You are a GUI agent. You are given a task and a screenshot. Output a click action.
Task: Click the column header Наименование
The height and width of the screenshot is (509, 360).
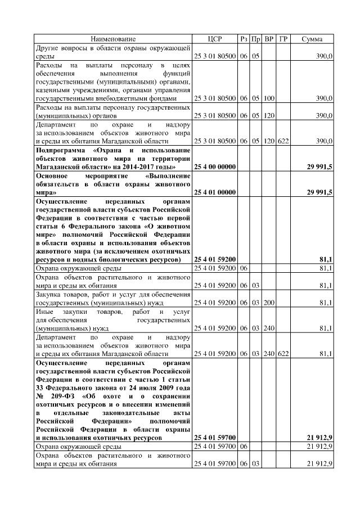(114, 39)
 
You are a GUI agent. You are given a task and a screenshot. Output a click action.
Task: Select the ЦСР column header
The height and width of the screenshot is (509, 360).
(215, 39)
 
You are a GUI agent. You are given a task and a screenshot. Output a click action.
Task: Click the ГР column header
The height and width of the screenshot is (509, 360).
(283, 39)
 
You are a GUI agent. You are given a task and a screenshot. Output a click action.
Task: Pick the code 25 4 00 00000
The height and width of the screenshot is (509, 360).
(215, 168)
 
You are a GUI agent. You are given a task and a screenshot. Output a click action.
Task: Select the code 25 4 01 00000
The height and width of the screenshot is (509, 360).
(215, 192)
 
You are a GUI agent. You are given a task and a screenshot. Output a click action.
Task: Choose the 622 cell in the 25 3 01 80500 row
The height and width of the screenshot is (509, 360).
(283, 141)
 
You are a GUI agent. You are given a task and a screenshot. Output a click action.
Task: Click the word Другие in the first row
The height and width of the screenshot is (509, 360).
(47, 48)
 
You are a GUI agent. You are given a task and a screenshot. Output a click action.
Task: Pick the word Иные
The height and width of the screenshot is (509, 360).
(44, 311)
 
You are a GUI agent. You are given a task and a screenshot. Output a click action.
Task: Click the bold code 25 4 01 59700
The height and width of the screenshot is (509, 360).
(215, 436)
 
